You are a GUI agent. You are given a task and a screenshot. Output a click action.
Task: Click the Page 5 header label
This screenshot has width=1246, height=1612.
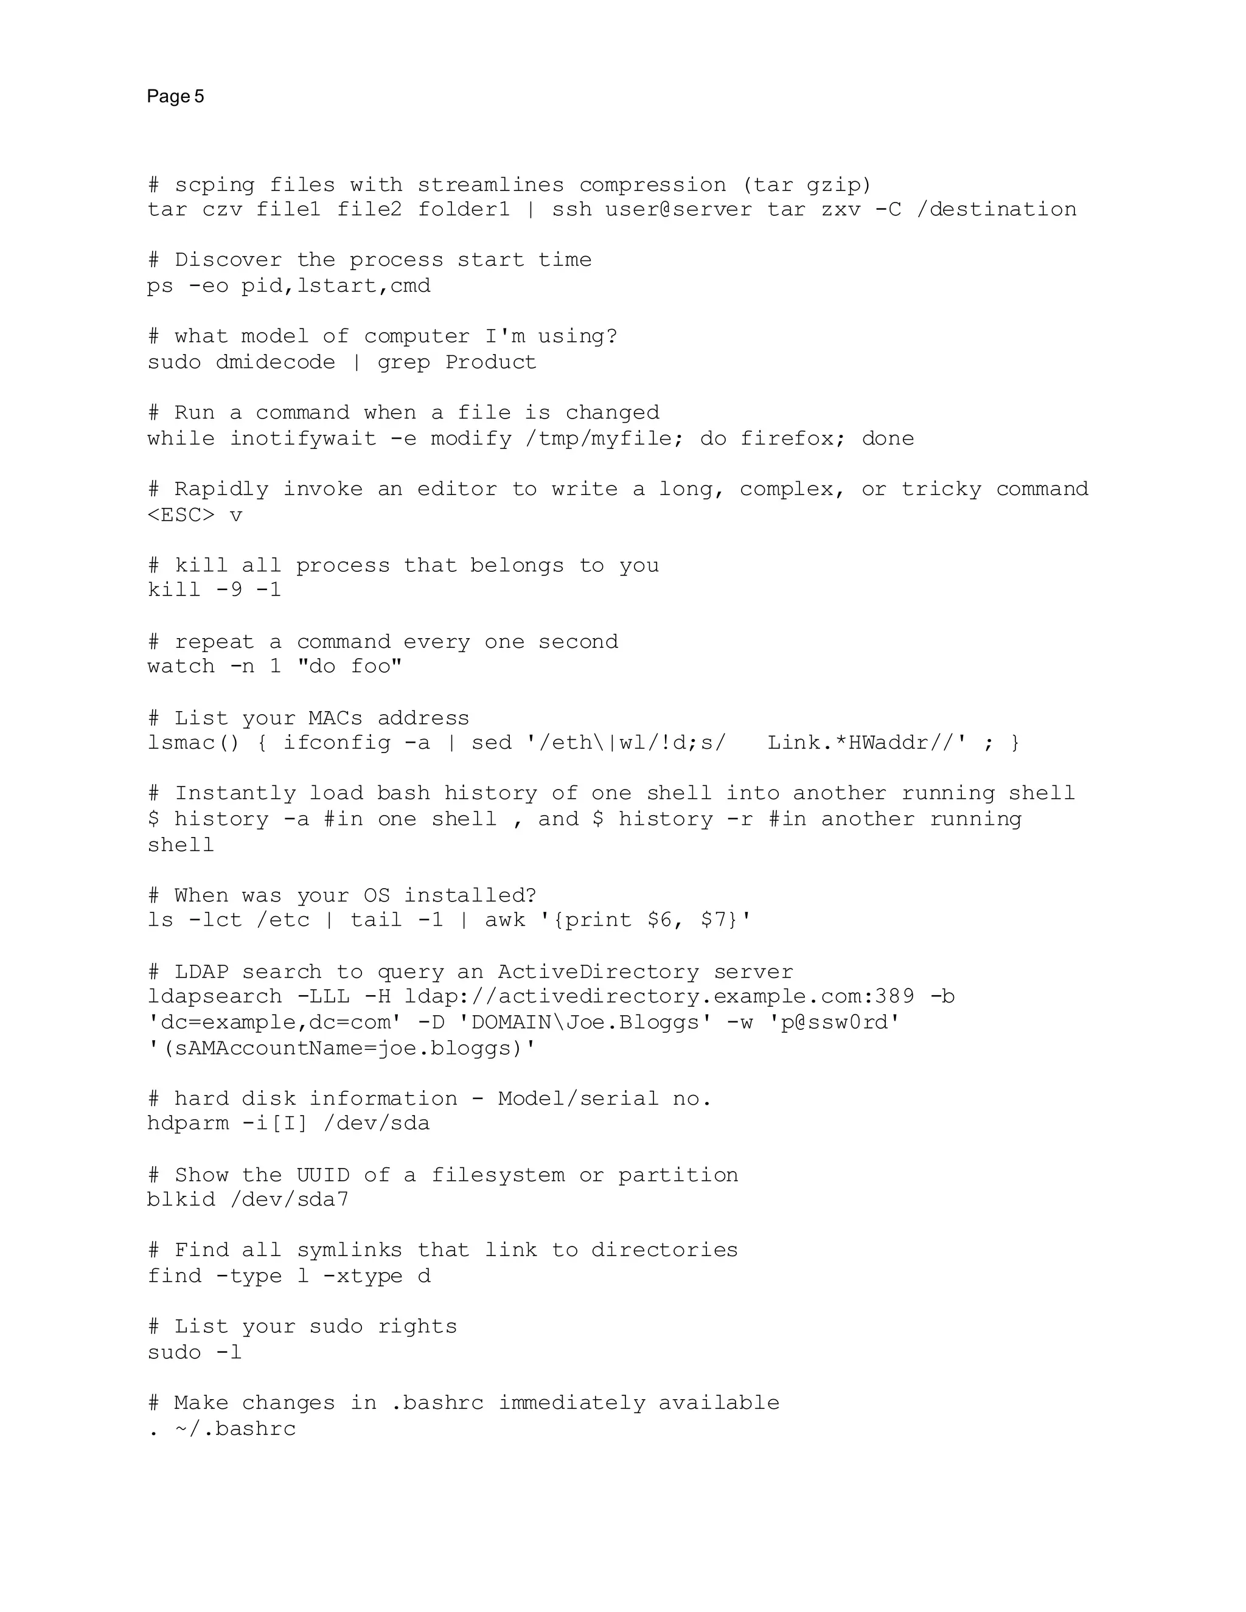tap(175, 97)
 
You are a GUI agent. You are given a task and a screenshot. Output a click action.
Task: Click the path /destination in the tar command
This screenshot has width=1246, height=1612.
tap(996, 210)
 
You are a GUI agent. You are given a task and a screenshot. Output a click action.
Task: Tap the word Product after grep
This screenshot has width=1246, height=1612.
tap(490, 363)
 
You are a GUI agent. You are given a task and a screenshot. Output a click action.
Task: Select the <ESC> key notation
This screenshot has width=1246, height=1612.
tap(181, 515)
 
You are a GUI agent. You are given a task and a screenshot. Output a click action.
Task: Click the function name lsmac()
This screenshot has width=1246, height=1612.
tap(193, 743)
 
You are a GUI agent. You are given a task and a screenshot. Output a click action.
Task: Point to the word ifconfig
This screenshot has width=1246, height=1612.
tap(336, 743)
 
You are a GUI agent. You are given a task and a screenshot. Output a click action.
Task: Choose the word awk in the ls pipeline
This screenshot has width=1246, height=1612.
tap(505, 920)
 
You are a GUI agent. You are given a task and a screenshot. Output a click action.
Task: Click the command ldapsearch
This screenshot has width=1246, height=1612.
tap(214, 997)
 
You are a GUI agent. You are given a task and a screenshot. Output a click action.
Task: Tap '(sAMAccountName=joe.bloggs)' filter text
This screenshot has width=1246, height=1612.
tap(342, 1049)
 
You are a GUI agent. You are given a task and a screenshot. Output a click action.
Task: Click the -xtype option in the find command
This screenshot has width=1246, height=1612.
tap(363, 1276)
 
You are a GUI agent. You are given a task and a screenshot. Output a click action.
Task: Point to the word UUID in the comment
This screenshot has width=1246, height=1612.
tap(322, 1175)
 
